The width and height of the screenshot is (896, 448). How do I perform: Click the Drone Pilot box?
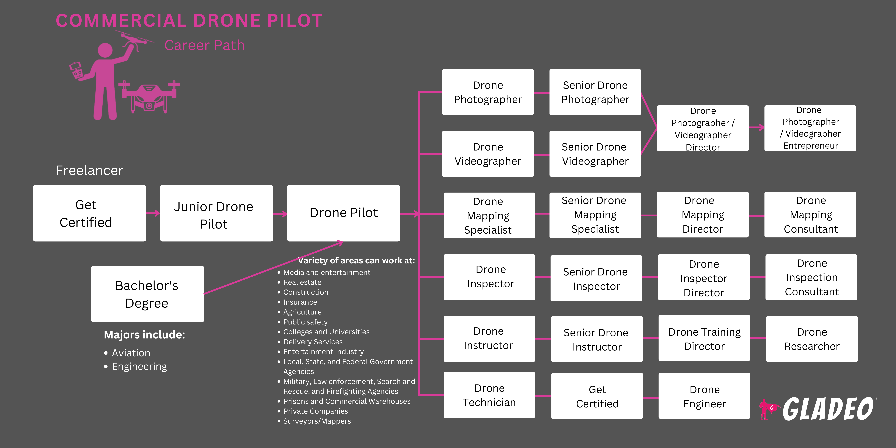pyautogui.click(x=343, y=213)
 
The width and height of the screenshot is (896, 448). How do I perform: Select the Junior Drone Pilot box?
pyautogui.click(x=216, y=213)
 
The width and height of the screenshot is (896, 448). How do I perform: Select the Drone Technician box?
pyautogui.click(x=489, y=395)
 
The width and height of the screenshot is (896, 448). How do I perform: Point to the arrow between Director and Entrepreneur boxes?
pyautogui.click(x=757, y=128)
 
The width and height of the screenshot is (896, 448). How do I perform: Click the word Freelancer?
pyautogui.click(x=89, y=170)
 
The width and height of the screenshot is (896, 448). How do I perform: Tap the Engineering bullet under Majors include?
pyautogui.click(x=139, y=367)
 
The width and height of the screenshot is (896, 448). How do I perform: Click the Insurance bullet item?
pyautogui.click(x=300, y=302)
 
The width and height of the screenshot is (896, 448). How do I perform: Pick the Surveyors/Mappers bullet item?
pyautogui.click(x=317, y=421)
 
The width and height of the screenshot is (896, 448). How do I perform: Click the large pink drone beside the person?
pyautogui.click(x=149, y=97)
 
